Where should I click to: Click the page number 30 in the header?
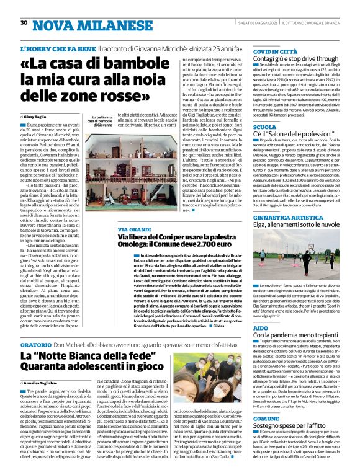24,22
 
